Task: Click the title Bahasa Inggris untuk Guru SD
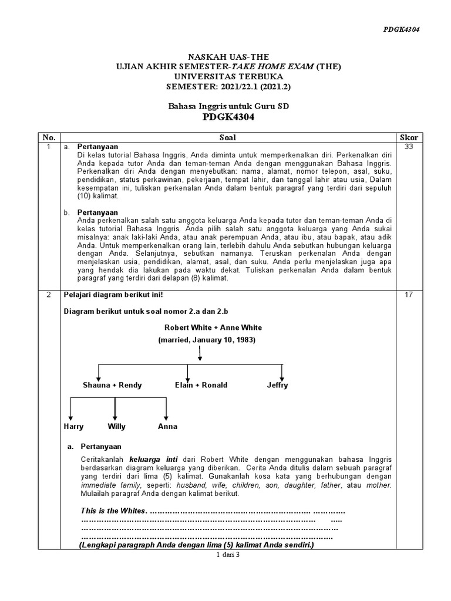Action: tap(228, 106)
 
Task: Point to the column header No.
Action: tap(48, 137)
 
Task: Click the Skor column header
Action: tap(409, 137)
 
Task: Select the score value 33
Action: tap(409, 146)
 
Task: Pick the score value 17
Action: tap(409, 295)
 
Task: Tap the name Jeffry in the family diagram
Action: tap(277, 386)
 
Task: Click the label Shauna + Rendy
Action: tap(112, 386)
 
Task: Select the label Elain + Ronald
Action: tap(201, 386)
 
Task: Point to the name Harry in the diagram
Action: tap(73, 427)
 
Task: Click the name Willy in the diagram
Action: tap(116, 427)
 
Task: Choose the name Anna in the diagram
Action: tap(167, 427)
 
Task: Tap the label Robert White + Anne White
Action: tap(213, 327)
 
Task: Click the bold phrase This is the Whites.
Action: tap(114, 511)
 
